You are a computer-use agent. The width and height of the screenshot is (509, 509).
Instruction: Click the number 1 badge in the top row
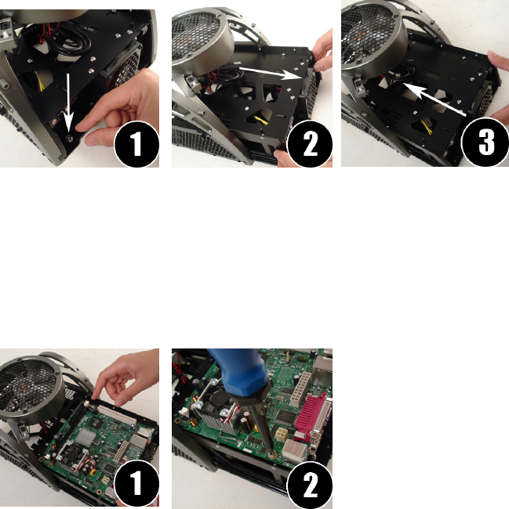(136, 144)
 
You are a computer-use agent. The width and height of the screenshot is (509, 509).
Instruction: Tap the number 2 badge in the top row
(310, 144)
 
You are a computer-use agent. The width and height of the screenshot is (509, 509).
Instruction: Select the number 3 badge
(485, 143)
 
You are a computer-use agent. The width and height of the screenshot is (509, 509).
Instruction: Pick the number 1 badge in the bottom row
(136, 482)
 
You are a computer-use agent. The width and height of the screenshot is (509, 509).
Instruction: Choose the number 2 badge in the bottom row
(310, 485)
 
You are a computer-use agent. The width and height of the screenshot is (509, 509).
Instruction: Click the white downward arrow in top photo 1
(68, 101)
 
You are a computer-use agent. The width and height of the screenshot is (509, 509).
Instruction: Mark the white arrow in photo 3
(434, 99)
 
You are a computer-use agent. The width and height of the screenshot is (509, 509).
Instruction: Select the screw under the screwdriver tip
(271, 453)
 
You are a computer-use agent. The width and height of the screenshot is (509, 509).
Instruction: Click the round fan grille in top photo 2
(202, 42)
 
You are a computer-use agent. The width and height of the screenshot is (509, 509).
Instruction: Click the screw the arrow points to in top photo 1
(69, 139)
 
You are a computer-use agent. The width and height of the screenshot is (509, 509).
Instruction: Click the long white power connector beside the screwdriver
(300, 388)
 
